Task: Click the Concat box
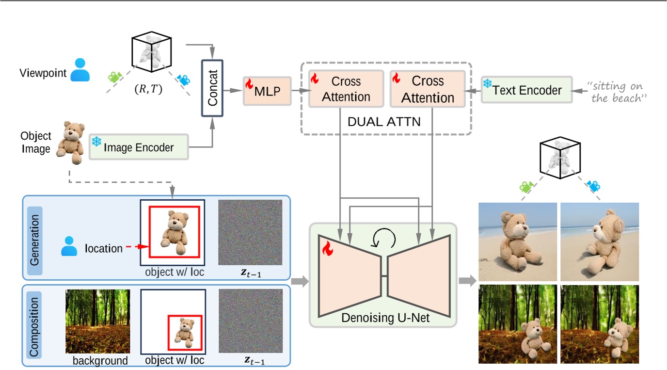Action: coord(212,88)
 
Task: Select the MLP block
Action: coord(267,91)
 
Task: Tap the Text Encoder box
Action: coord(526,90)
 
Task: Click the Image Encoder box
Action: coord(139,147)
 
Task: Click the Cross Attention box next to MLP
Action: coord(346,89)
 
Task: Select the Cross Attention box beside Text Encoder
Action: coord(428,89)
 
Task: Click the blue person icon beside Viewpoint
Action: coord(80,70)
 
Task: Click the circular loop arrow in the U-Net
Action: coord(383,237)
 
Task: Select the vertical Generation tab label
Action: coord(34,237)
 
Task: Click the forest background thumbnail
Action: coord(97,321)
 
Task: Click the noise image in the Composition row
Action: coord(250,321)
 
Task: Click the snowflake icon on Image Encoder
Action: coord(96,142)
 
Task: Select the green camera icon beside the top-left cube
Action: coord(114,77)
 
